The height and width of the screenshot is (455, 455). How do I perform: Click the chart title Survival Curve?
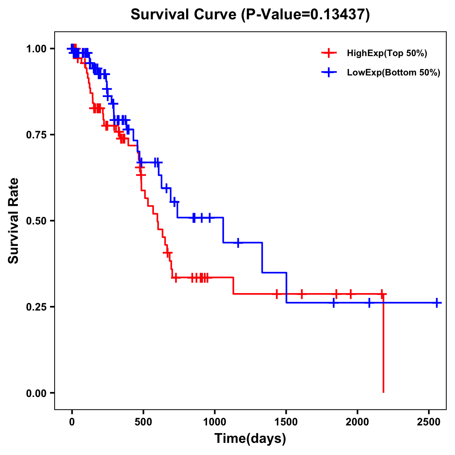coord(184,15)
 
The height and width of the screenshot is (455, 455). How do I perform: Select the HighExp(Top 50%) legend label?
coord(387,53)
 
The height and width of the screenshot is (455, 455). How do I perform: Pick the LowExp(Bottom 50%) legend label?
coord(394,73)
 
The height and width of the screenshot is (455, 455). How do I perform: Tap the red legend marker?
coord(329,53)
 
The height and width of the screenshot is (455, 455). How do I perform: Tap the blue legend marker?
coord(329,73)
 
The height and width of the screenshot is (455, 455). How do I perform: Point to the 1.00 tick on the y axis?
coord(36,49)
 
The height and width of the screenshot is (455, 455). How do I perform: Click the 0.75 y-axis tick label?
coord(36,135)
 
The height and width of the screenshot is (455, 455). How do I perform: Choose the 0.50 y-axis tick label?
coord(36,221)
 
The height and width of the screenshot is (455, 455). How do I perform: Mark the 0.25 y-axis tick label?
coord(36,307)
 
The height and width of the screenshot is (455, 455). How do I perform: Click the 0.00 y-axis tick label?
coord(36,393)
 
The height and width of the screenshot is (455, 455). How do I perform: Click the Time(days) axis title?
coord(250,439)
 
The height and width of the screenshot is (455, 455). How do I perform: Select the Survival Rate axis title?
coord(14,221)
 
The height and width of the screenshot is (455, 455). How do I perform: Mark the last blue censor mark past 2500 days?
coord(437,303)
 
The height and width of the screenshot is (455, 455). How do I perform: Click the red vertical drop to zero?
coord(383,345)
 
